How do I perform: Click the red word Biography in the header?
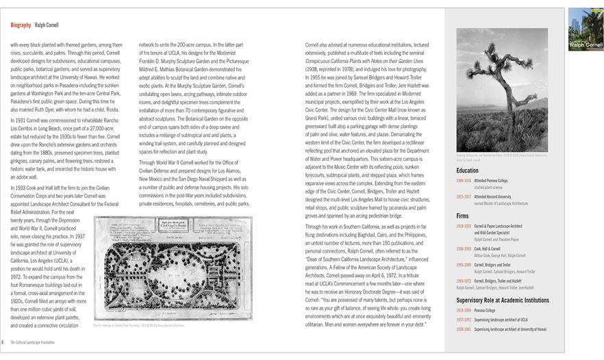(x=21, y=25)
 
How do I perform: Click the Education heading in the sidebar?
(x=468, y=170)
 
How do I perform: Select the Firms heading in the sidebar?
(x=462, y=215)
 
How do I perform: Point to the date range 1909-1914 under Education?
(x=464, y=181)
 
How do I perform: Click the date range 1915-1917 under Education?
(x=464, y=197)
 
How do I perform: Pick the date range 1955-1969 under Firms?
(x=464, y=264)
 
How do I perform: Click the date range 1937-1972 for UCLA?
(x=464, y=319)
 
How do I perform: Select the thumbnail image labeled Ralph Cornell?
(x=586, y=29)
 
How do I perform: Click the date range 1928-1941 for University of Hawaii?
(x=464, y=329)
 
